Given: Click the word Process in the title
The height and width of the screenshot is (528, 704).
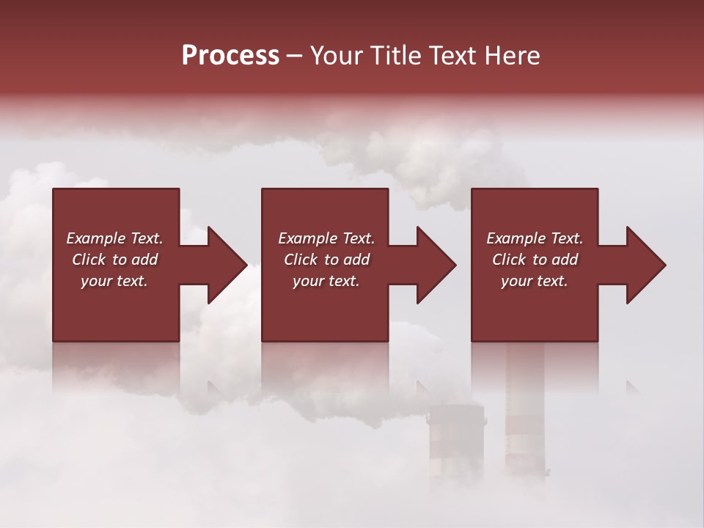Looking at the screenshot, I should (230, 56).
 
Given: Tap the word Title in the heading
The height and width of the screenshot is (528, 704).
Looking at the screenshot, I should (397, 56).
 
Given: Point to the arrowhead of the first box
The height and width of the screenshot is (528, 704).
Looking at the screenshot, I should (227, 265).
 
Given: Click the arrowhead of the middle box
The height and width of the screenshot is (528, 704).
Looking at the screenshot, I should (436, 265).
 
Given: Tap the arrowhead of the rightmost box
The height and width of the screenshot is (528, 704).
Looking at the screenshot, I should (645, 265).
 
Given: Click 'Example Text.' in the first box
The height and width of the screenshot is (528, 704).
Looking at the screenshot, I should (114, 238).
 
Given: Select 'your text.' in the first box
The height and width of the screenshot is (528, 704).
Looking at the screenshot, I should (114, 281).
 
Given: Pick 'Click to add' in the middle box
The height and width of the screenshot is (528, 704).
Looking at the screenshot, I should (326, 260).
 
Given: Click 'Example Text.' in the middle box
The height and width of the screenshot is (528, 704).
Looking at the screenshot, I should (326, 238).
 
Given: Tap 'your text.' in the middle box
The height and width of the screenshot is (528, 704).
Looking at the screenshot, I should (326, 281).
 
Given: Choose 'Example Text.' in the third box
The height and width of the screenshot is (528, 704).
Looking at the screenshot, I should (535, 238).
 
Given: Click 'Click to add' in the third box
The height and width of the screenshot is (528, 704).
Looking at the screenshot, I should (535, 260).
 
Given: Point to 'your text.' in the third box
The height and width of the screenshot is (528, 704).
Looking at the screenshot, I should (535, 281).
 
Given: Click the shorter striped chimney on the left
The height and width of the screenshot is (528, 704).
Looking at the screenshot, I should (456, 440).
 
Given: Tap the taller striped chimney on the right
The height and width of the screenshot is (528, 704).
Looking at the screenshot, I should (525, 411).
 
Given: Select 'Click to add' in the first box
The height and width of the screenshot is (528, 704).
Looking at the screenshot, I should (114, 260).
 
